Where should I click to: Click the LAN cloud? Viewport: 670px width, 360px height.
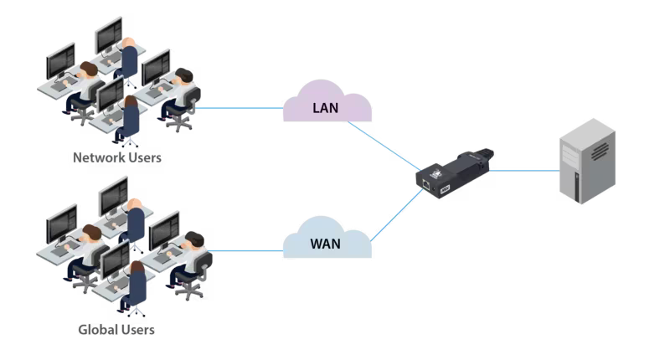click(327, 105)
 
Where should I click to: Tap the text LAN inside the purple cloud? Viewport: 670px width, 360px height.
click(327, 107)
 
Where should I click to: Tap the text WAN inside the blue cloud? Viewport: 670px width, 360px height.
click(327, 245)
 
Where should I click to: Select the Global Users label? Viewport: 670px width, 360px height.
click(116, 329)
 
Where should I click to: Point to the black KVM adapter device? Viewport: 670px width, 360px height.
click(456, 171)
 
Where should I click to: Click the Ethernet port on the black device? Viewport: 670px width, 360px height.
click(428, 179)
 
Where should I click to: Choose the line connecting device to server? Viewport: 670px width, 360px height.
click(524, 169)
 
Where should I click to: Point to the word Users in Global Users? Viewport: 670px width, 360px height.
click(138, 329)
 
